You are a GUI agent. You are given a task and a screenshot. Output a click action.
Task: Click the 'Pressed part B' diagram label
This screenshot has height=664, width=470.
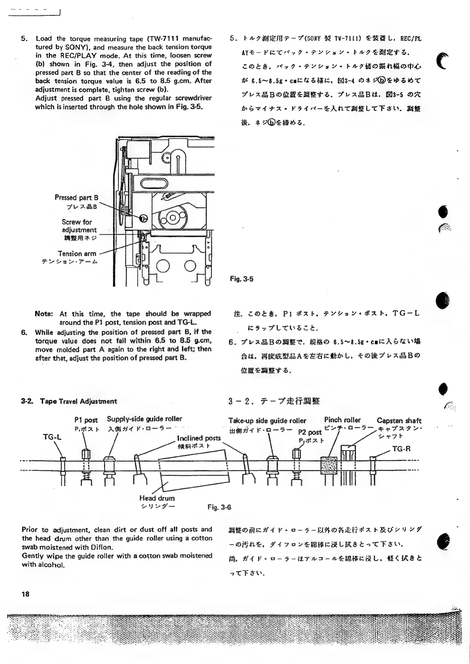pyautogui.click(x=76, y=198)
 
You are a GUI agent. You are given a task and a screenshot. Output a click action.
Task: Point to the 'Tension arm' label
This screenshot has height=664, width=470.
pyautogui.click(x=77, y=254)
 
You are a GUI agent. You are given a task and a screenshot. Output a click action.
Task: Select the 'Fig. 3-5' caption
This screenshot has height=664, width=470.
pyautogui.click(x=242, y=279)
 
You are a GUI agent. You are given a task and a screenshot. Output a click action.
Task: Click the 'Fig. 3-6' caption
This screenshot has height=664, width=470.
pyautogui.click(x=219, y=507)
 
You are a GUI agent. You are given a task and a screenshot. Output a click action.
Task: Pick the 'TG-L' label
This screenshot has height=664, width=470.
pyautogui.click(x=52, y=438)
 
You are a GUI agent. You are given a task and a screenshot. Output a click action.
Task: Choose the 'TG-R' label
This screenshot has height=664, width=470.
pyautogui.click(x=402, y=449)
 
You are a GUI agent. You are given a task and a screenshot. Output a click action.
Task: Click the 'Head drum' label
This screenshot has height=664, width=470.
pyautogui.click(x=157, y=498)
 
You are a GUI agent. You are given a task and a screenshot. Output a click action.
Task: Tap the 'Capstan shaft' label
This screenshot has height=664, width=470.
pyautogui.click(x=399, y=421)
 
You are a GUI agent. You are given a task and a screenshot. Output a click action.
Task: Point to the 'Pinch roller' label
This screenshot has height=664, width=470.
pyautogui.click(x=343, y=420)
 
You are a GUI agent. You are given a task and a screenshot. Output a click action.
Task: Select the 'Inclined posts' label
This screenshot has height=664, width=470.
pyautogui.click(x=199, y=438)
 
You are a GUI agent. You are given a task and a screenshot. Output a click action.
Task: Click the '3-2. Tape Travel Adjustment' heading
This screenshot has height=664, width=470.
pyautogui.click(x=69, y=402)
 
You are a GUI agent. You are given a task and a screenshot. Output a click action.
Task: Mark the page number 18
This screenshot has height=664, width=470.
pyautogui.click(x=26, y=594)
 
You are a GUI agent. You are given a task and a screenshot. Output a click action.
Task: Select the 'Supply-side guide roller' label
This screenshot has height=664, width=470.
pyautogui.click(x=144, y=419)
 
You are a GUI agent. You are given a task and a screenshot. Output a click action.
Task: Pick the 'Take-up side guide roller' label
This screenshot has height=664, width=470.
pyautogui.click(x=267, y=421)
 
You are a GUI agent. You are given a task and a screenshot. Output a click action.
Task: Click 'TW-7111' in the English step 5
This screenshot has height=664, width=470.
pyautogui.click(x=164, y=39)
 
